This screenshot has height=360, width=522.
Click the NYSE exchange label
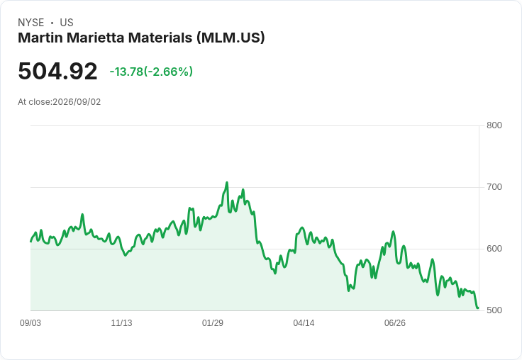point(31,23)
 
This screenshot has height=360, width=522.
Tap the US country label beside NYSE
point(67,23)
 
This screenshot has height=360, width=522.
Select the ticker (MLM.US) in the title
point(231,38)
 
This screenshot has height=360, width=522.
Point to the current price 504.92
point(57,71)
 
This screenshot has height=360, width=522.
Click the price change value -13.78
point(126,72)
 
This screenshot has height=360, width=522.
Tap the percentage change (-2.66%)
point(168,72)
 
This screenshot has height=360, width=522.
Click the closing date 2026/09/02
point(77,102)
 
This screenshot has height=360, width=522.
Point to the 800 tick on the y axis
point(494,125)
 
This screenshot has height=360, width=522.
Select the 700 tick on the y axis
point(494,187)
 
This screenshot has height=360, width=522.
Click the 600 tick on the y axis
point(494,249)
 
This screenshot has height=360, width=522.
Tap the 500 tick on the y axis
point(494,310)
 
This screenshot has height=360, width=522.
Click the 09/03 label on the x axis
point(30,323)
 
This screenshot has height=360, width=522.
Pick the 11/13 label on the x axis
point(121,323)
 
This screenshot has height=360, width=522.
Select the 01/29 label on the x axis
point(213,323)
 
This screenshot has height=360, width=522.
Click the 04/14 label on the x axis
point(304,323)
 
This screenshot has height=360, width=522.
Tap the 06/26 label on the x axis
point(395,323)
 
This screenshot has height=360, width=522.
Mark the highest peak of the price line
point(227,182)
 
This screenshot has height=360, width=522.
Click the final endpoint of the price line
point(478,308)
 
